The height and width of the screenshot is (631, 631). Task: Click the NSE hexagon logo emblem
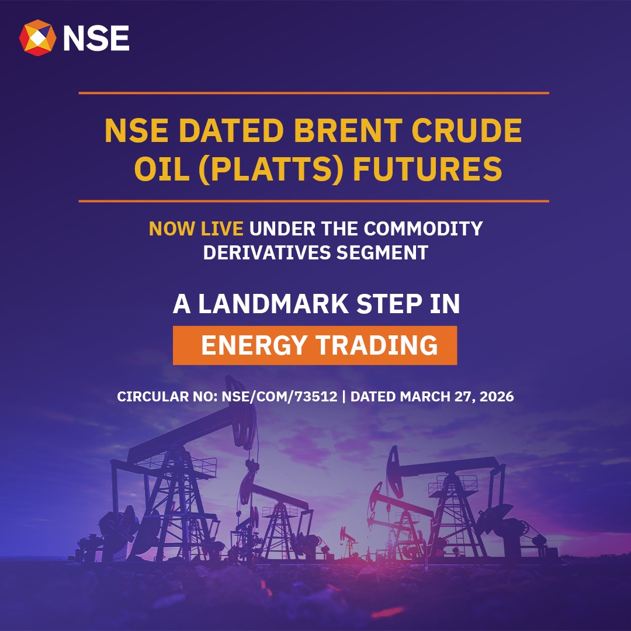37,38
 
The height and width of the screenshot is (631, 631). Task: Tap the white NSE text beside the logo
96,38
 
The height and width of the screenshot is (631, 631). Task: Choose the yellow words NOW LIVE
196,228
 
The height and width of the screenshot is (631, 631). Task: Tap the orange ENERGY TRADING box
315,345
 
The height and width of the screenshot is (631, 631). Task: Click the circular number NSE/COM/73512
279,397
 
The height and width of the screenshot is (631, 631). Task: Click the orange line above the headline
314,93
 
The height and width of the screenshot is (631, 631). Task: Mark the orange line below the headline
314,201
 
